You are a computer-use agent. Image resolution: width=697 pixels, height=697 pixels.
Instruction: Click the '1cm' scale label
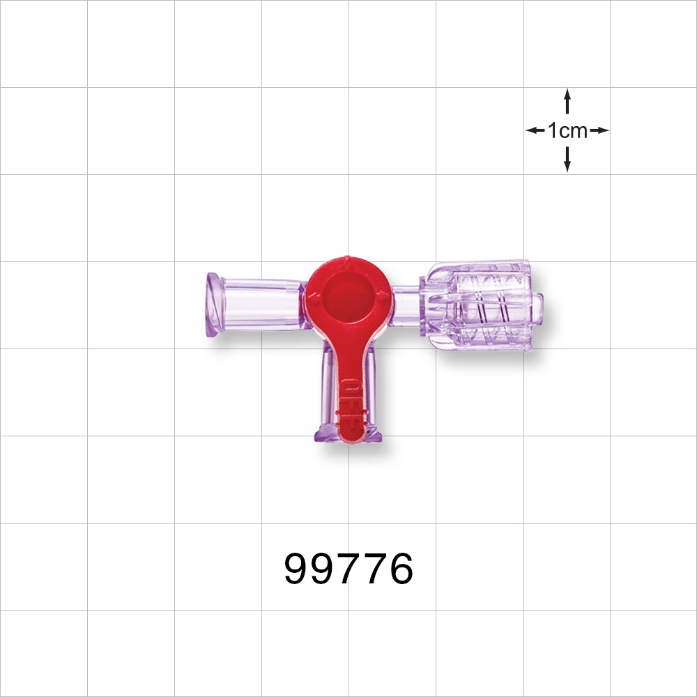(567, 130)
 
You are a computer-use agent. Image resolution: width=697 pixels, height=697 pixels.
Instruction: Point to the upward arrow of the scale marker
(567, 100)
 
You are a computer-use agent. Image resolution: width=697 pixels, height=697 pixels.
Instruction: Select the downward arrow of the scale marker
(567, 160)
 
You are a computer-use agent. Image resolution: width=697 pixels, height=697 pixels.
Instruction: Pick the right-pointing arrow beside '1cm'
(599, 130)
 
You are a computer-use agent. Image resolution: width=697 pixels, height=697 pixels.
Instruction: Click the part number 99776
(348, 569)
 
